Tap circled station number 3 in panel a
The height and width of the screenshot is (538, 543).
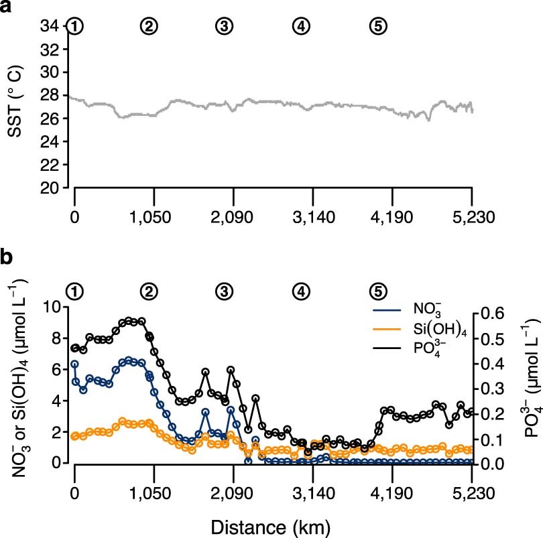tap(223, 26)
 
